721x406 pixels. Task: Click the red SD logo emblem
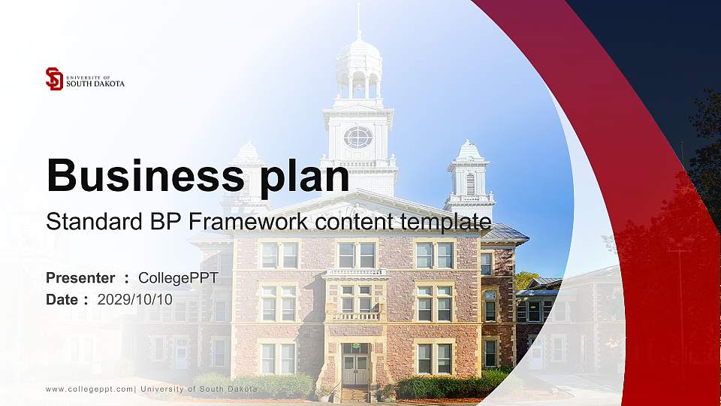tap(54, 79)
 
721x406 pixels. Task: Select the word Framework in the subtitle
tap(250, 222)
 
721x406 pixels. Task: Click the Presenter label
tap(80, 278)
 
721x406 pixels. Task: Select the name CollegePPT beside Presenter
tap(178, 278)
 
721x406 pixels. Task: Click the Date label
tap(62, 299)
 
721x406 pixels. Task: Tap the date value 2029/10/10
tap(135, 299)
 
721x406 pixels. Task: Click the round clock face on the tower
tap(358, 137)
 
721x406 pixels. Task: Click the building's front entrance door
tap(355, 368)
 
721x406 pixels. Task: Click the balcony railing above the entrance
tap(355, 316)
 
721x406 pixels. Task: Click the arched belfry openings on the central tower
tap(358, 84)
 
